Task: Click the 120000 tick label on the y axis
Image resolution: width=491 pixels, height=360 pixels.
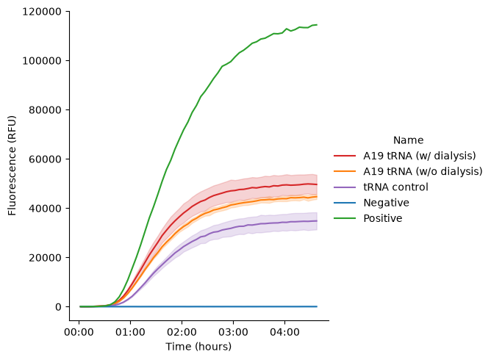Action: [42, 12]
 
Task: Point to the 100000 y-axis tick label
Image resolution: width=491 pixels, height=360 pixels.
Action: [42, 61]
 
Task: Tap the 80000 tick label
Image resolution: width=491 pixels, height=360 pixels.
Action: [45, 110]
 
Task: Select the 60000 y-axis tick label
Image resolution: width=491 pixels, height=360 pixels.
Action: [45, 159]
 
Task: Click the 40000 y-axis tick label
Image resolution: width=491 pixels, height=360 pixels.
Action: [45, 208]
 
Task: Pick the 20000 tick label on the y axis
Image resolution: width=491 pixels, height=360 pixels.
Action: [45, 258]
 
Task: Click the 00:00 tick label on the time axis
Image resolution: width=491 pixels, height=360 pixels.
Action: [79, 332]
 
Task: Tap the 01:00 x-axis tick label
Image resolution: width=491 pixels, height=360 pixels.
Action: [130, 332]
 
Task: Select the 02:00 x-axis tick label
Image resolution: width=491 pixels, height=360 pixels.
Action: [182, 332]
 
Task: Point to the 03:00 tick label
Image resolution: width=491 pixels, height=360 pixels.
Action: [233, 332]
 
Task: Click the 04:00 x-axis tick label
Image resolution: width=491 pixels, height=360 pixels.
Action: [284, 332]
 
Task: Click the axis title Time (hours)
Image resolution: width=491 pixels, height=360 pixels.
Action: [198, 347]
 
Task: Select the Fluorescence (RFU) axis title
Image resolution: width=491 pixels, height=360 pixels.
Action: [12, 165]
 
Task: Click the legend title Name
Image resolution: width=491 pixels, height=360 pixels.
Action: [408, 140]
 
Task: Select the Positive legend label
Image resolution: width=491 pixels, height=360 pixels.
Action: [383, 218]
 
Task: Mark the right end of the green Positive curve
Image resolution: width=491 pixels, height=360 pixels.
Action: [317, 25]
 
